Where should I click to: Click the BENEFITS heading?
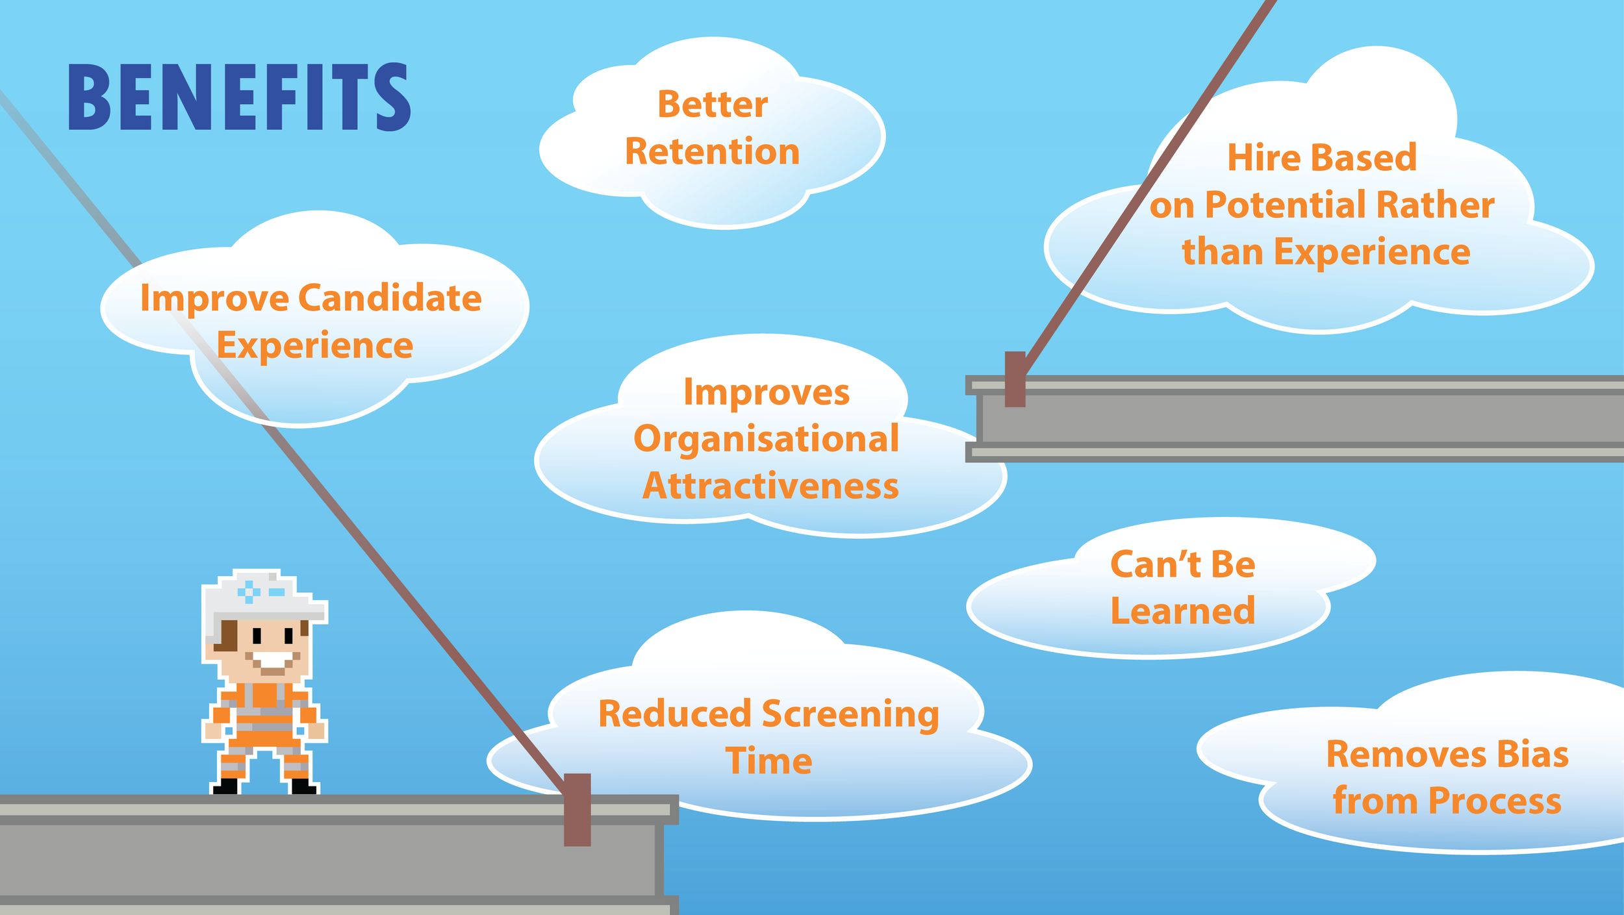pos(239,97)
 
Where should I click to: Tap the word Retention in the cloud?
pos(712,152)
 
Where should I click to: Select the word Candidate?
pos(390,299)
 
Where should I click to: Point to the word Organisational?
pos(766,440)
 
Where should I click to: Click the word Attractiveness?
pos(770,486)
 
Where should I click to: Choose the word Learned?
pos(1182,611)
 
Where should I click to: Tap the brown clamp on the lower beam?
pos(577,809)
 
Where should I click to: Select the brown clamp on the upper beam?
pos(1015,379)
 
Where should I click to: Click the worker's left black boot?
pos(225,786)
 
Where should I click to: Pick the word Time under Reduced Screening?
pos(768,761)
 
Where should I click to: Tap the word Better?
pos(713,105)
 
